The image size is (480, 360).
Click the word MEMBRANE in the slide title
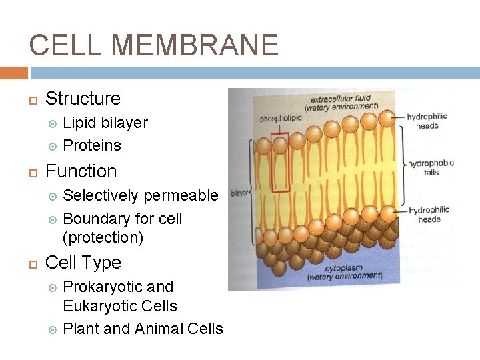[195, 45]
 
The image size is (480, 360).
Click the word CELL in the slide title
[65, 45]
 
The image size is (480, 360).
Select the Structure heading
[83, 99]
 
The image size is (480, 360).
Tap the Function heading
[81, 171]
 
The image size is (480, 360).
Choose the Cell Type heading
[83, 263]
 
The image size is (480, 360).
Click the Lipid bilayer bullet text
[105, 123]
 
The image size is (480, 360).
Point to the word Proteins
[92, 145]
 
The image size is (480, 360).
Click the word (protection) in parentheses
[103, 237]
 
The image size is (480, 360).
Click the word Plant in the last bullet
[81, 329]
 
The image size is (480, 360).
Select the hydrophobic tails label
[431, 167]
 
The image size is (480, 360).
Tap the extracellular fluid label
[341, 102]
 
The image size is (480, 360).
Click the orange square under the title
[14, 73]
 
